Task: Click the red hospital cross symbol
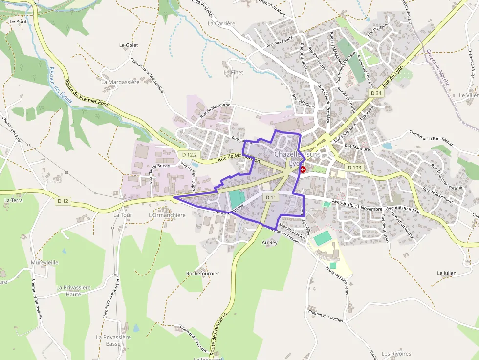coord(303,169)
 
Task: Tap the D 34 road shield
coord(375,93)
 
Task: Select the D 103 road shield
coord(355,168)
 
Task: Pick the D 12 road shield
coord(63,201)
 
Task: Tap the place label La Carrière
coord(221,23)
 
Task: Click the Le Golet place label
coord(129,45)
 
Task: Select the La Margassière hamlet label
coord(120,82)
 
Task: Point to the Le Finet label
coord(233,72)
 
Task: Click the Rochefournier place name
coord(203,274)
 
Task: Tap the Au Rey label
coord(269,242)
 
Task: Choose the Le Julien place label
coord(447,273)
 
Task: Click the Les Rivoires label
coord(396,354)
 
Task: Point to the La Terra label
coord(14,200)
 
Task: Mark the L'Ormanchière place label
coord(167,215)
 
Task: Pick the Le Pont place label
coord(18,21)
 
